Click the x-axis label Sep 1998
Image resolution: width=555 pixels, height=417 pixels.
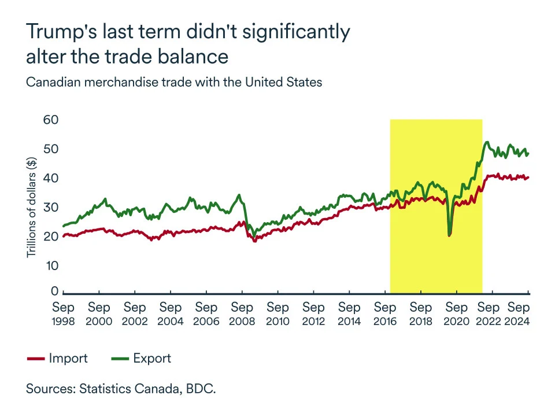[x=63, y=313]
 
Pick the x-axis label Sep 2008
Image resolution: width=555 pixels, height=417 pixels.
[x=242, y=313]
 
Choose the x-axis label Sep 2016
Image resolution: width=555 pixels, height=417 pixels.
[x=386, y=313]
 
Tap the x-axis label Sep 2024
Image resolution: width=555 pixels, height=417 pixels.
[x=519, y=313]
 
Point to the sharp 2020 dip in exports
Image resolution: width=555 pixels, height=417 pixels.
[x=450, y=234]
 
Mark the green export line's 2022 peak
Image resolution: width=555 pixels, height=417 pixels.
[x=487, y=142]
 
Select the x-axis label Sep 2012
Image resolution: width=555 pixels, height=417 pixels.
[x=314, y=313]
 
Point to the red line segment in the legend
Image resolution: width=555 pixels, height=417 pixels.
[x=35, y=359]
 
